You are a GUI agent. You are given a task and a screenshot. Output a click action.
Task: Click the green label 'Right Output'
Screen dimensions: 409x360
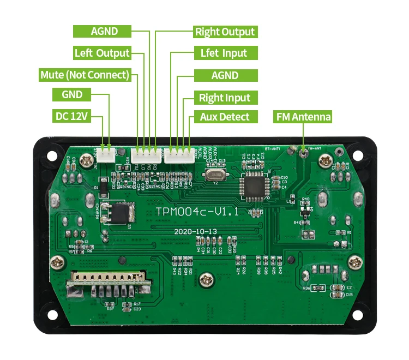225,32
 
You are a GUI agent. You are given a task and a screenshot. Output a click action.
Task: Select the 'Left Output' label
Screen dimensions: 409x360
102,53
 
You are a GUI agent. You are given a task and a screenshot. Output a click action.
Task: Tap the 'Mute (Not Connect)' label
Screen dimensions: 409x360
85,75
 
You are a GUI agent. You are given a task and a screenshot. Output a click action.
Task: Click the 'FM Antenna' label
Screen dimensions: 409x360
303,117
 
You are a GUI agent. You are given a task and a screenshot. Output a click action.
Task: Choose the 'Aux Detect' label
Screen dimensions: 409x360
224,117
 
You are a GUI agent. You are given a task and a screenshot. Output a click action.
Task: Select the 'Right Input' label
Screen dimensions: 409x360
224,98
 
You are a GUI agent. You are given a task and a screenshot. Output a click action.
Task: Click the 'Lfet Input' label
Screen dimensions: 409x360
224,53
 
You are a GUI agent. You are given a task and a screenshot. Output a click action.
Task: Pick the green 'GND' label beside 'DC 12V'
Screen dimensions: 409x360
72,94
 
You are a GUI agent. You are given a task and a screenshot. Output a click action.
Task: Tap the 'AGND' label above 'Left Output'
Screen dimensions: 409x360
104,31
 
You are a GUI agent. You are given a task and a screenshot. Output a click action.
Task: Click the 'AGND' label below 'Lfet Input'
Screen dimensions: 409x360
225,75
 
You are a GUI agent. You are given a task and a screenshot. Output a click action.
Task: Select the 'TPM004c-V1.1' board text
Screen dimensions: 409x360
197,211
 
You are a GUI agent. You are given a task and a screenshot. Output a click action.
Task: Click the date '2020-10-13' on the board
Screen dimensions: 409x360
195,231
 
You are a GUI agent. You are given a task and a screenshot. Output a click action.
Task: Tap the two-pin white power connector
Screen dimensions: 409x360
106,153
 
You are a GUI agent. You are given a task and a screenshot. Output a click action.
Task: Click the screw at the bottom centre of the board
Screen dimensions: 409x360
206,280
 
